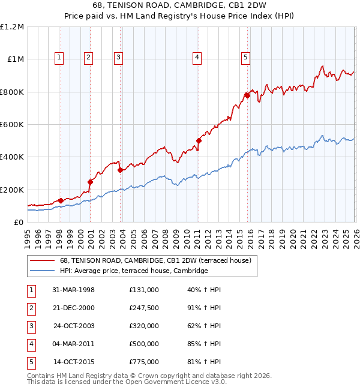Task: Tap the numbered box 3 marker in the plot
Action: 118,58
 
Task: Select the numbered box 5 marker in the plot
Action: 246,58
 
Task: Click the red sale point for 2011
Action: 198,141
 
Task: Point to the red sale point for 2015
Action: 247,95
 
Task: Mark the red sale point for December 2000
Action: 90,182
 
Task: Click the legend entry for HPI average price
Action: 133,271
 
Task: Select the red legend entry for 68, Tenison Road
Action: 158,260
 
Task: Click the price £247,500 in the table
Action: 143,309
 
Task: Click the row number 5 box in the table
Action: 31,362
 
